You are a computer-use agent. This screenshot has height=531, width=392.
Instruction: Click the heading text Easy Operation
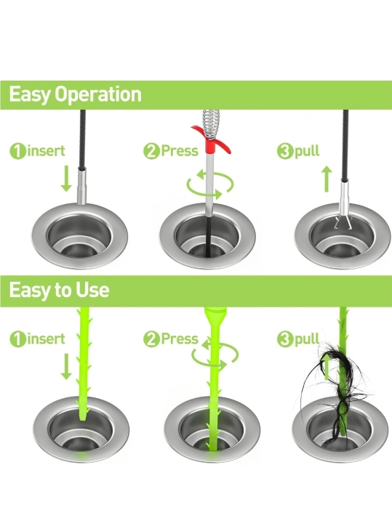click(x=75, y=94)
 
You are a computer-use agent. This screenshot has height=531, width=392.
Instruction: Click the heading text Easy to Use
click(x=59, y=291)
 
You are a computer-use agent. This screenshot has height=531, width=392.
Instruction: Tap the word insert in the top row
click(x=46, y=150)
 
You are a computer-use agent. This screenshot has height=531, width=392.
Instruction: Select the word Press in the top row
click(x=180, y=150)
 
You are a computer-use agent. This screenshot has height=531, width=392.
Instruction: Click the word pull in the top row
click(x=307, y=151)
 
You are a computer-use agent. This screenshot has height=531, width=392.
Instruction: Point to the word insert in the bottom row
click(x=46, y=339)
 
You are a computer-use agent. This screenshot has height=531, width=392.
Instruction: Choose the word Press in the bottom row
click(x=180, y=339)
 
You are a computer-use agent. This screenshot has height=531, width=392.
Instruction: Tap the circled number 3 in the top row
click(x=285, y=151)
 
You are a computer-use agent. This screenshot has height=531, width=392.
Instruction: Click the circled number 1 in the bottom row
click(x=17, y=339)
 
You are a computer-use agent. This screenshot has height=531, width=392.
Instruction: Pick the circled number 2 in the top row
click(x=151, y=151)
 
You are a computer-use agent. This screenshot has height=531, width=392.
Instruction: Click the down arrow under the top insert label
click(x=66, y=179)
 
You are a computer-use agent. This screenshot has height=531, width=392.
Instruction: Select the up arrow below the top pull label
click(x=327, y=179)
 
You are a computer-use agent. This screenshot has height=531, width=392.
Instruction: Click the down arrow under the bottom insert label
click(x=66, y=366)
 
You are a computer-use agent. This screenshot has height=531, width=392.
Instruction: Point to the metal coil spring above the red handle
click(x=212, y=124)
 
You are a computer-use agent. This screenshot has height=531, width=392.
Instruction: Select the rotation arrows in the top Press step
click(x=210, y=185)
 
